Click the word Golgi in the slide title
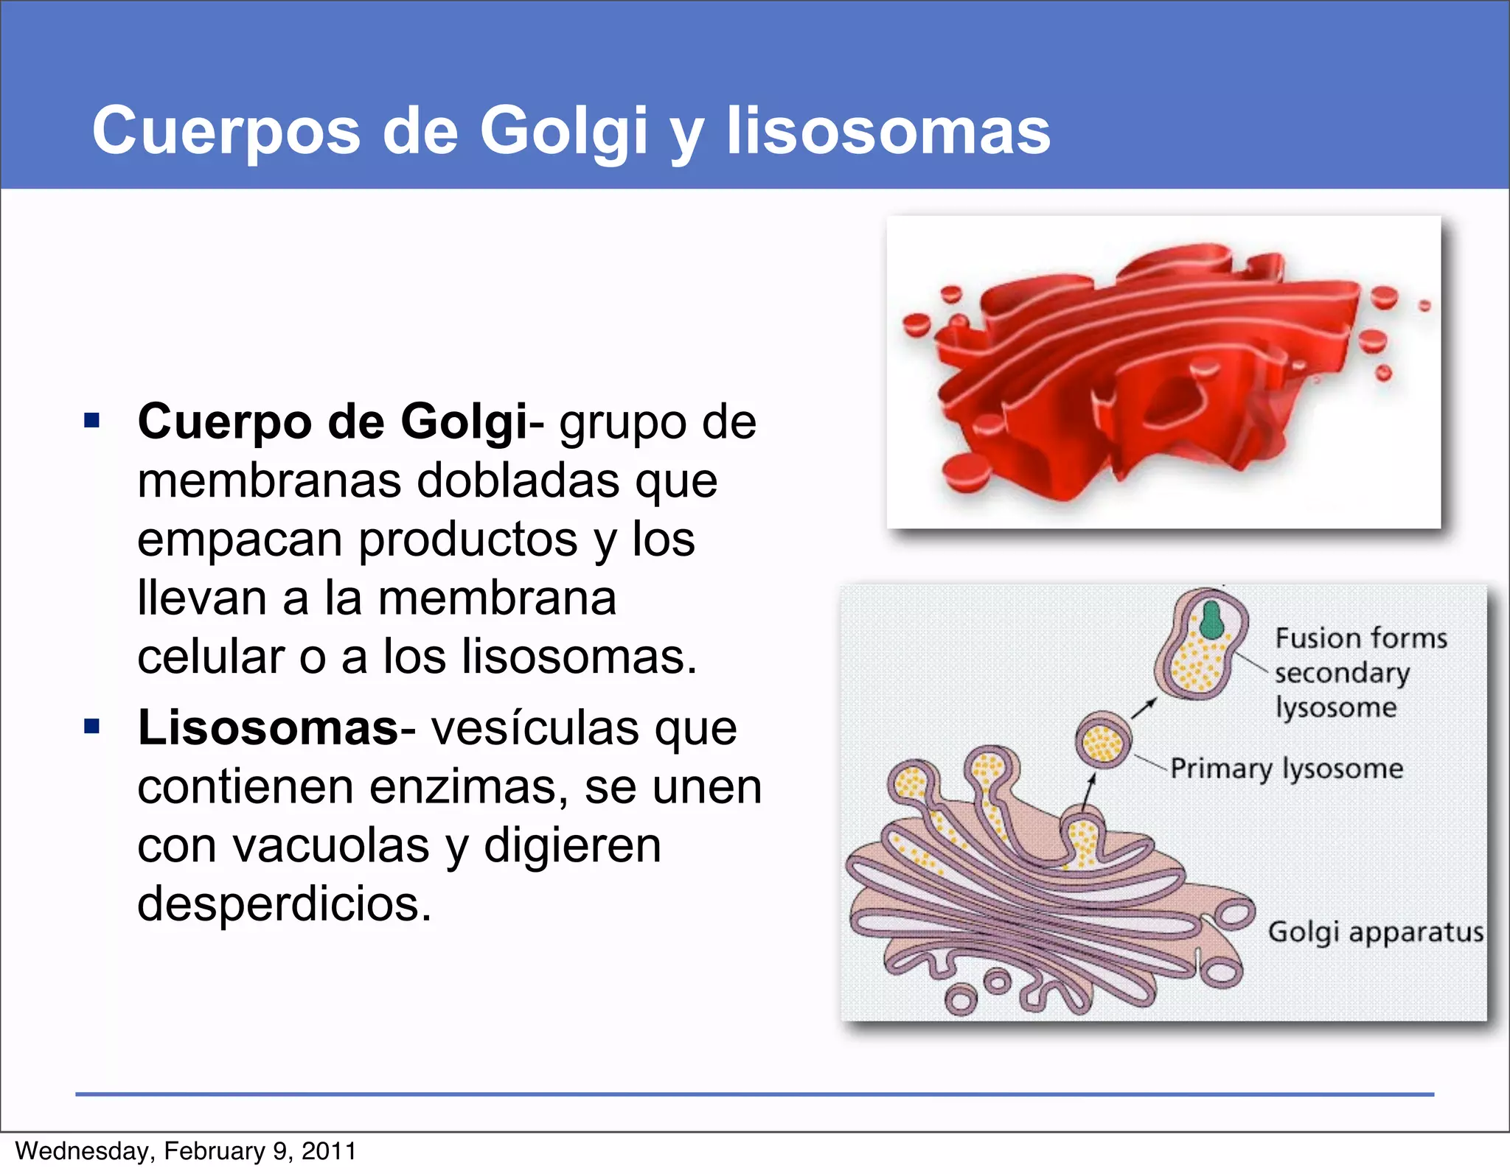click(564, 131)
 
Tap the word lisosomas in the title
click(888, 131)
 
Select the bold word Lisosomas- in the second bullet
click(276, 728)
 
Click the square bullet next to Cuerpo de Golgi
click(92, 421)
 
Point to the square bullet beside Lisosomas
click(92, 727)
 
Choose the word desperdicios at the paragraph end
click(284, 904)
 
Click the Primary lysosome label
click(1287, 769)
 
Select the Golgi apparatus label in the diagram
click(1376, 932)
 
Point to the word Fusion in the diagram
click(1318, 638)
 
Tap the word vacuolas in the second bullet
click(331, 845)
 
